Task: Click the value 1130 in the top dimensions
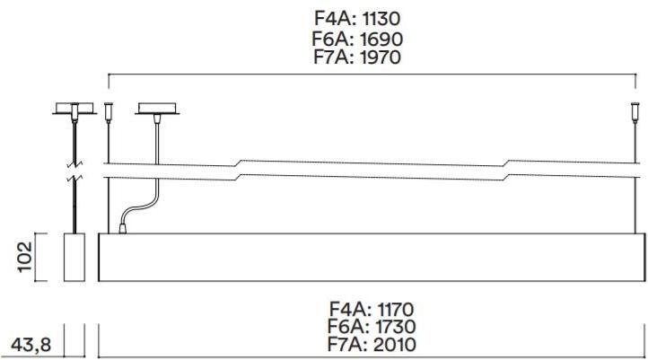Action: [381, 19]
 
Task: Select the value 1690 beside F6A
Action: [381, 40]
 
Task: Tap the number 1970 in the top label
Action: [380, 57]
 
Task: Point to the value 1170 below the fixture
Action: [396, 309]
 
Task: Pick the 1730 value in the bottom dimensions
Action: [395, 327]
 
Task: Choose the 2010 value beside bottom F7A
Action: [394, 345]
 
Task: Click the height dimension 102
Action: [25, 257]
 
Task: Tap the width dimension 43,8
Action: [31, 345]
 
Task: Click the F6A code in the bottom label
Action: [348, 327]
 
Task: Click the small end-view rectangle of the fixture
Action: [74, 257]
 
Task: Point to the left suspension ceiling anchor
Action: [109, 113]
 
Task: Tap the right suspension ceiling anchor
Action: [635, 113]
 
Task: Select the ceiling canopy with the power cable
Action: [157, 109]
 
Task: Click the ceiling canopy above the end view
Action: [74, 109]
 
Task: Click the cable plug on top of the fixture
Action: [122, 229]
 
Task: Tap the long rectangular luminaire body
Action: [372, 257]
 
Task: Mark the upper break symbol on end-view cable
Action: [74, 164]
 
